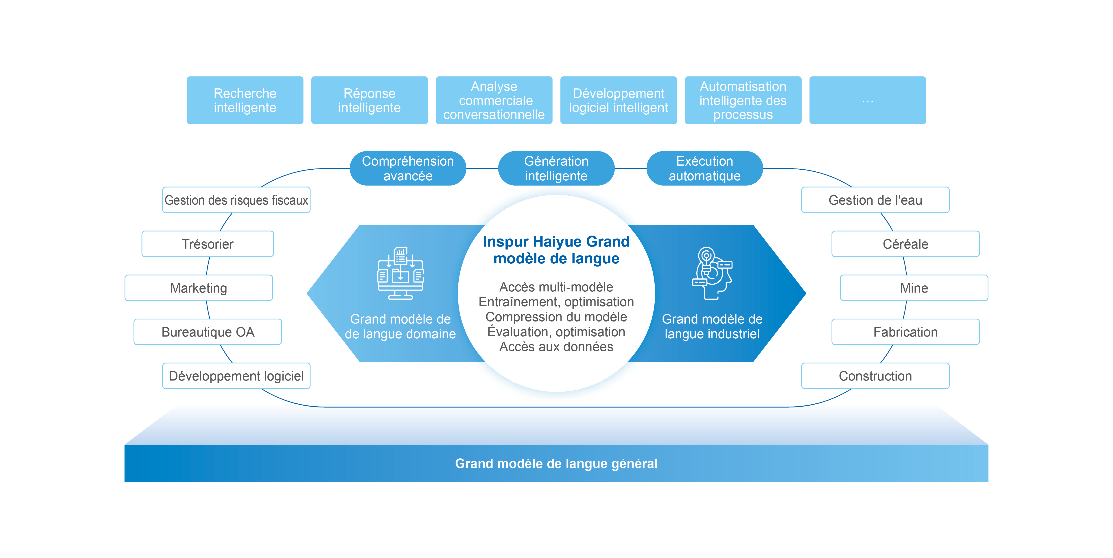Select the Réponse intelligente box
point(370,100)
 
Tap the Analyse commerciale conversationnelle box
point(494,100)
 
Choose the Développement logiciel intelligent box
point(618,100)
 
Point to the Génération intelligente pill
point(556,168)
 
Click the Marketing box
point(199,288)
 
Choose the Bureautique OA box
point(208,332)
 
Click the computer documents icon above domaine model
point(400,273)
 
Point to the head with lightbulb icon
point(712,273)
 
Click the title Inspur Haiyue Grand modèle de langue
point(556,250)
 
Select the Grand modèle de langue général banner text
point(556,463)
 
